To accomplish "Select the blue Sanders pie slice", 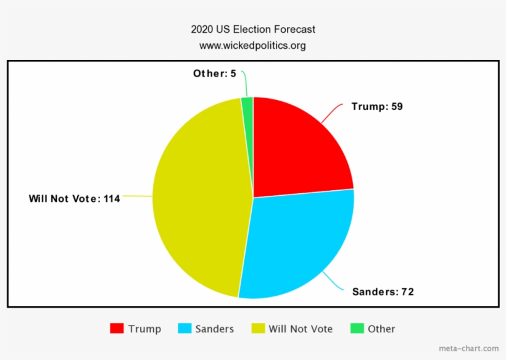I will point(296,244).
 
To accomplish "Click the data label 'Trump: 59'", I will point(376,106).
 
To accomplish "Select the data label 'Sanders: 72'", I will point(383,291).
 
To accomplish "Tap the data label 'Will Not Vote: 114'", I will point(74,199).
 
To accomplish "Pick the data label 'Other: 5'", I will point(214,73).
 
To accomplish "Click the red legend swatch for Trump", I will point(117,329).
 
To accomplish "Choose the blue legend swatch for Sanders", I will point(184,329).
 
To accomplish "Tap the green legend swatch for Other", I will point(356,329).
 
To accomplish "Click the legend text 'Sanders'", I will point(215,329).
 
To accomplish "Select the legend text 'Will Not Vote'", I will point(301,329).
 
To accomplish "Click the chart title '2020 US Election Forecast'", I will point(252,30).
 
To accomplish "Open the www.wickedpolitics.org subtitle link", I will point(252,46).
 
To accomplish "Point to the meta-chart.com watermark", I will point(468,348).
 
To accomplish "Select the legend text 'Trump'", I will point(144,329).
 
